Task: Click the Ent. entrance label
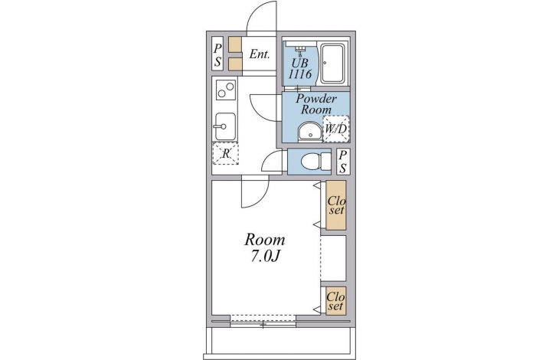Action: (x=259, y=54)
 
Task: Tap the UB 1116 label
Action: (x=300, y=69)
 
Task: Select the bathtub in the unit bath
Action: (x=332, y=63)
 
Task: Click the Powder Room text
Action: (x=315, y=103)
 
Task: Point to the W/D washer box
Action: (x=336, y=129)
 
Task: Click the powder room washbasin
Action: (x=310, y=132)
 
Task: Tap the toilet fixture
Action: (x=315, y=162)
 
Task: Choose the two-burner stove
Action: (x=226, y=90)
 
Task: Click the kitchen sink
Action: (x=225, y=126)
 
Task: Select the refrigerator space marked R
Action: (x=225, y=153)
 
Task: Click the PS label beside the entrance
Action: (x=217, y=56)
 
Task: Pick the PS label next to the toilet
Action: (x=343, y=162)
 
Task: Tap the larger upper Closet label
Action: (x=336, y=205)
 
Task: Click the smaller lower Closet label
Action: (x=336, y=301)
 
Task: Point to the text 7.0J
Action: (x=264, y=257)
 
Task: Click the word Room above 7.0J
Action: (x=264, y=240)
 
